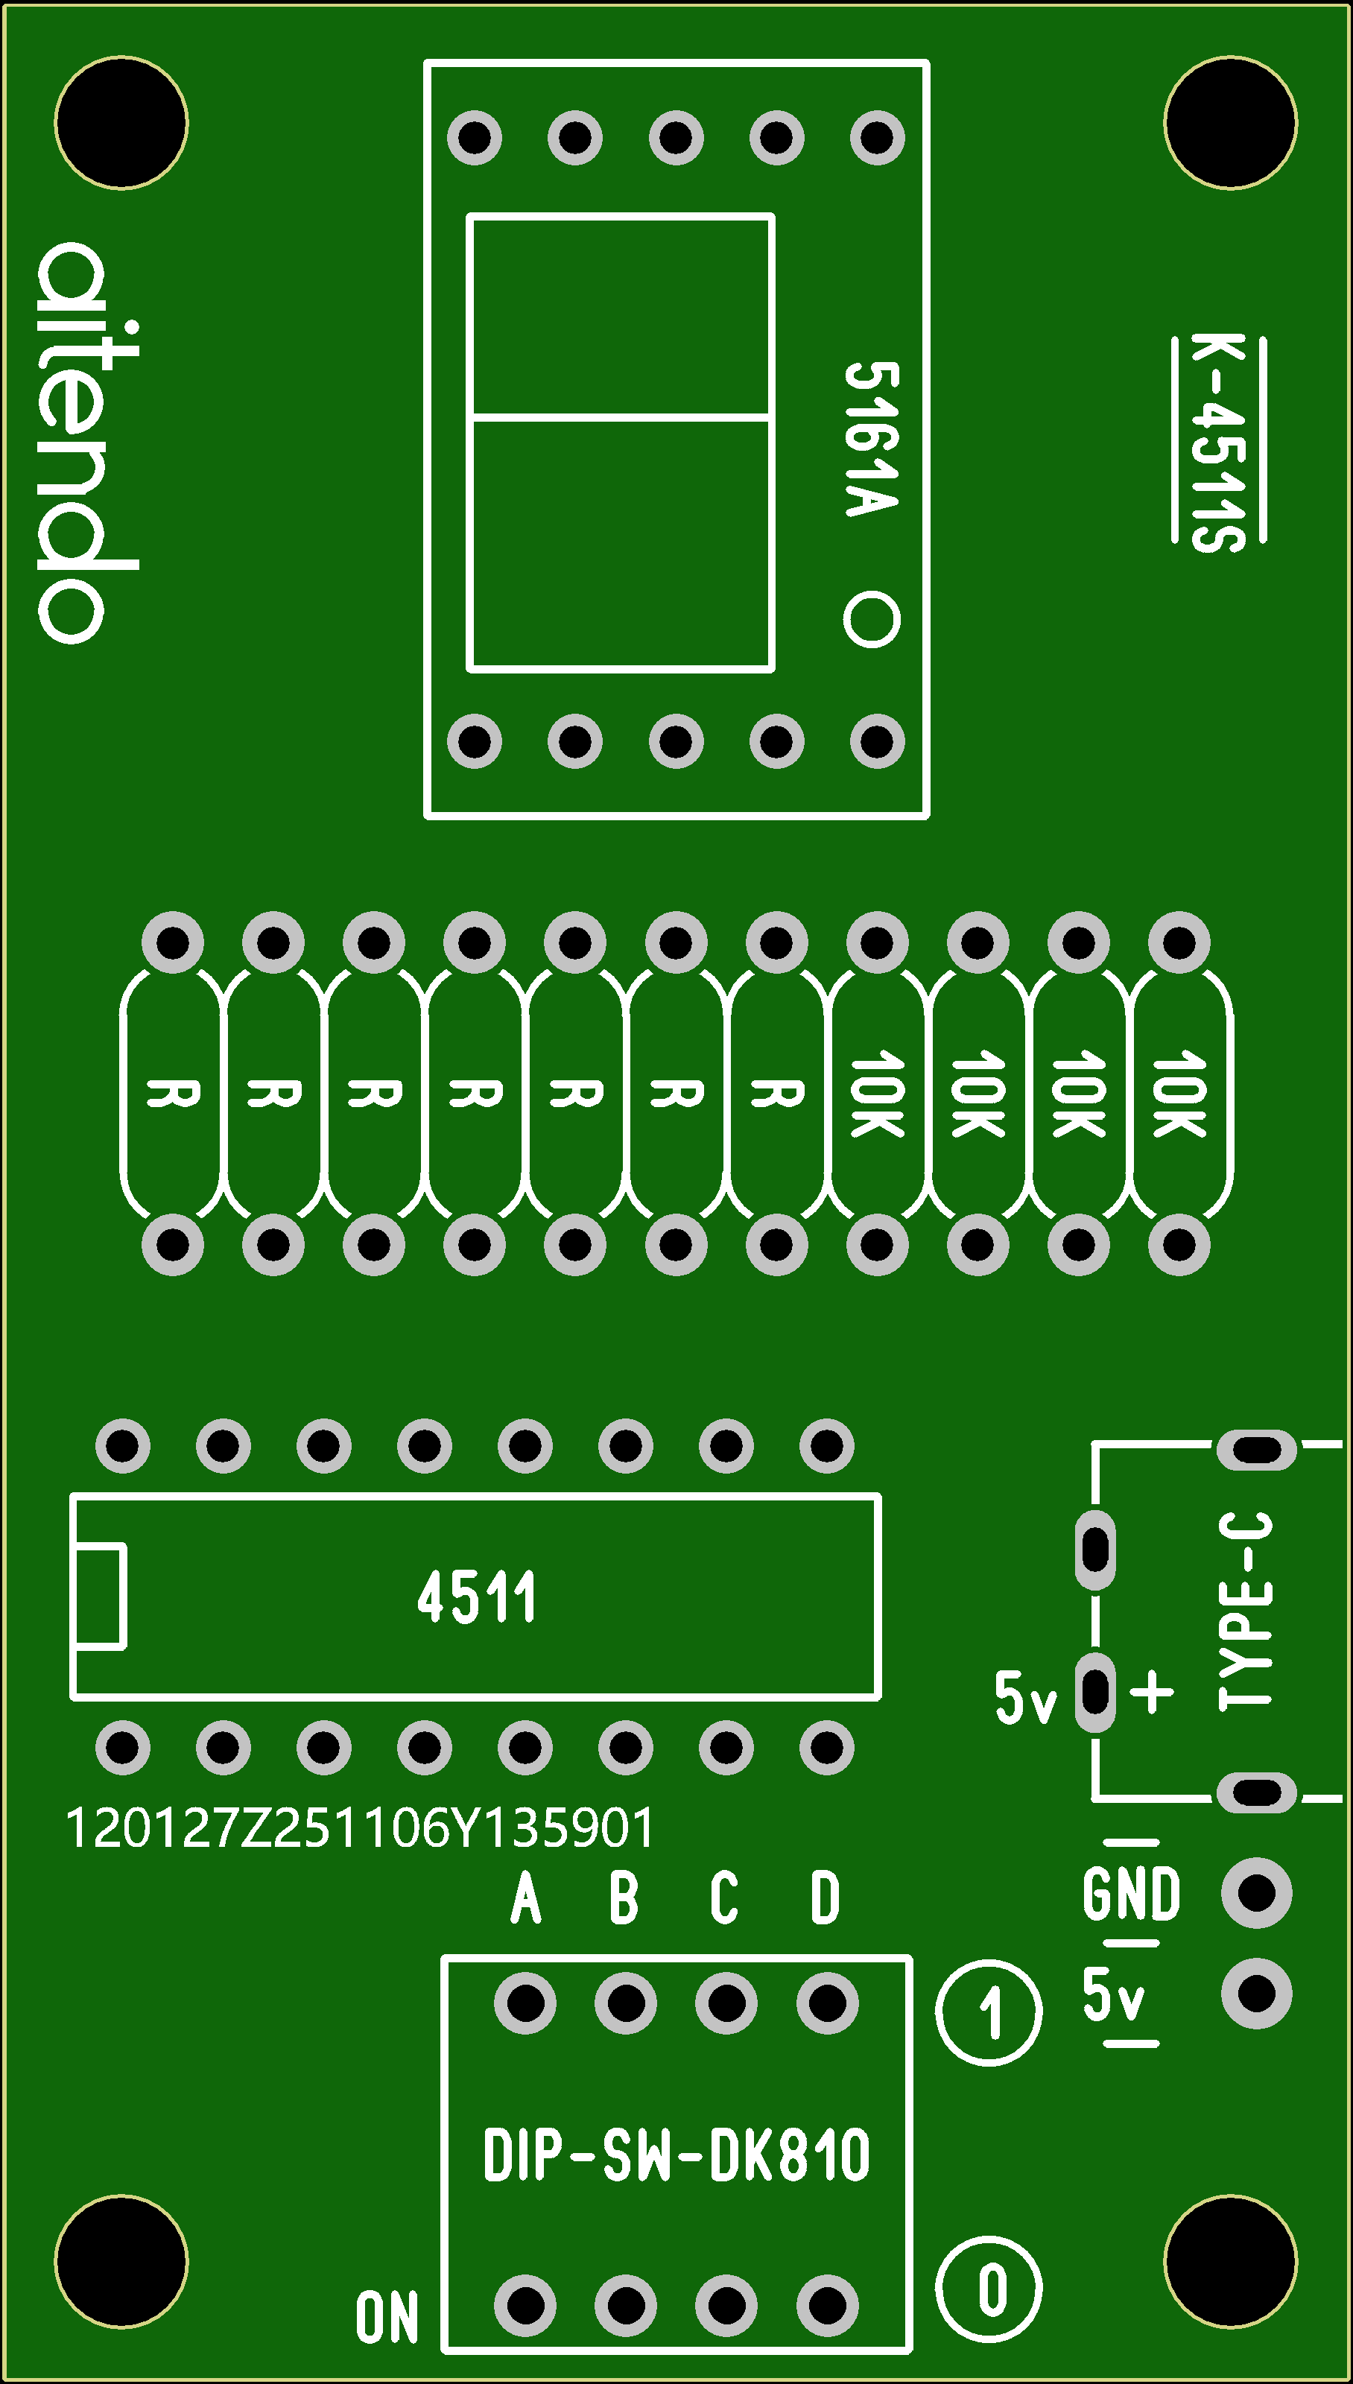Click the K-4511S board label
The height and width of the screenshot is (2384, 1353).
coord(1218,443)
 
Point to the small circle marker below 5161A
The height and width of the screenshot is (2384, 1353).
coord(872,619)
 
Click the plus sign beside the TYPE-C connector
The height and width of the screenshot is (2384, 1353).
coord(1153,1691)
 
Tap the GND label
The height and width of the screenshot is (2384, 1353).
coord(1131,1895)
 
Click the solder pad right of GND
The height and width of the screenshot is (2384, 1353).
coord(1256,1892)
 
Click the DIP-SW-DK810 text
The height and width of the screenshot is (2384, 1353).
coord(676,2155)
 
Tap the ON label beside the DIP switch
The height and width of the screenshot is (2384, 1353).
coord(387,2317)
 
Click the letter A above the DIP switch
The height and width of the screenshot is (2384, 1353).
coord(526,1898)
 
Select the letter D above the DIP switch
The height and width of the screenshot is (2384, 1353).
coord(826,1898)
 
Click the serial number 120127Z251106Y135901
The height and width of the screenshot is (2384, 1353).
coord(360,1827)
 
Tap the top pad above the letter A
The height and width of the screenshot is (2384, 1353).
coord(526,2004)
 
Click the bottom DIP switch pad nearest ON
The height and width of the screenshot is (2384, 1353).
coord(526,2305)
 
